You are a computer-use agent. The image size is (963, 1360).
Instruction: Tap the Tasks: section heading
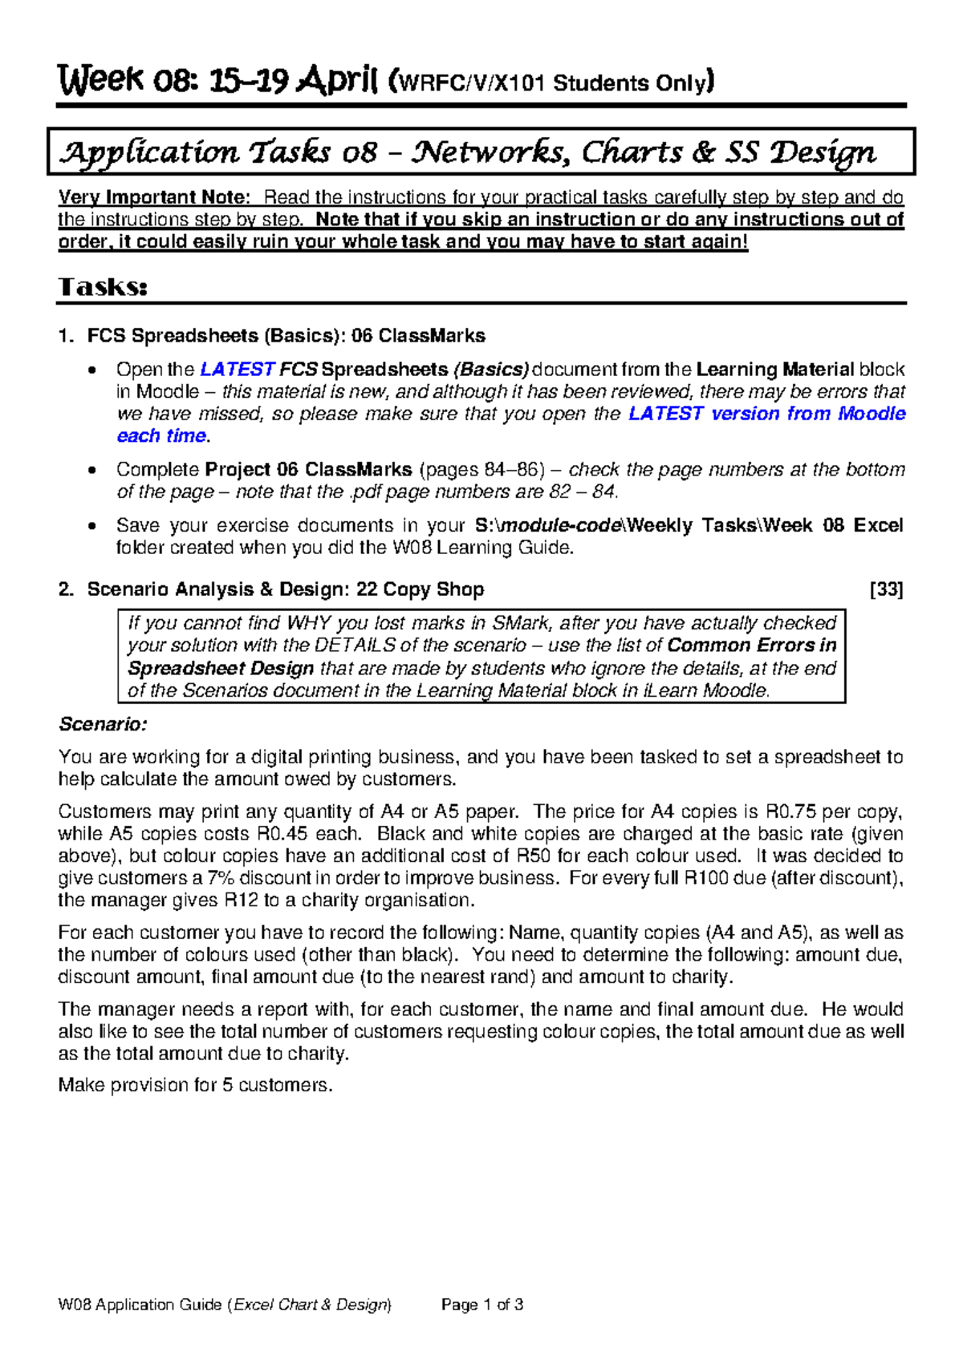pos(103,287)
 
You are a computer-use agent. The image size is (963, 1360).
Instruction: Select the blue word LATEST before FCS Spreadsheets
pos(237,370)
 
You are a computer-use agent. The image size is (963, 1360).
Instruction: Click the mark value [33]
pos(887,589)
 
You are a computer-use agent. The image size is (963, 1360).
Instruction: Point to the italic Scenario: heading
pos(103,724)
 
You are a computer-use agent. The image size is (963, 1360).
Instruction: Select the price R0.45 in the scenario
pos(282,834)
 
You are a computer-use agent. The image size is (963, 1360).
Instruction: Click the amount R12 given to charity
pos(241,901)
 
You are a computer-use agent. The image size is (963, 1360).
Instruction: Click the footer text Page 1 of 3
pos(482,1305)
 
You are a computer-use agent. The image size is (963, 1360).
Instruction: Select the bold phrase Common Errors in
pos(751,646)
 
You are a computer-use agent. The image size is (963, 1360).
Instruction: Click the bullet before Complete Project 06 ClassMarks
pos(95,471)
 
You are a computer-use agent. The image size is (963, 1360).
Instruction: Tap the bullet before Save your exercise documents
pos(95,527)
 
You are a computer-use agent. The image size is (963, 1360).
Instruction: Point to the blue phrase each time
pos(161,436)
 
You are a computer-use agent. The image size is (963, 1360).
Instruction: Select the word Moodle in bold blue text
pos(872,414)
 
